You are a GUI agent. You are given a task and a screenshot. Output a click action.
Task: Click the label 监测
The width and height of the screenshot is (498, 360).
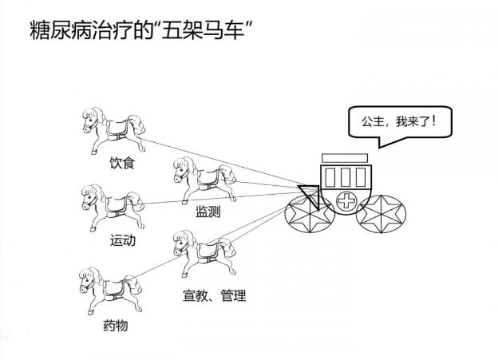(208, 212)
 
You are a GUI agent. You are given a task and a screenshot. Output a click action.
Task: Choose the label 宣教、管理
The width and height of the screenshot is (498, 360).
(214, 296)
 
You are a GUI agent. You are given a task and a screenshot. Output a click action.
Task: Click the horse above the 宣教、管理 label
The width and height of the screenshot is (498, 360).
(203, 250)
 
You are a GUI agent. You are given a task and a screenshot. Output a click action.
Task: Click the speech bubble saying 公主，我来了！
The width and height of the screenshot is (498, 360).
(399, 124)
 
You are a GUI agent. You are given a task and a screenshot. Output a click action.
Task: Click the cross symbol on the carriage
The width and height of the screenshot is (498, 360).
(346, 200)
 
